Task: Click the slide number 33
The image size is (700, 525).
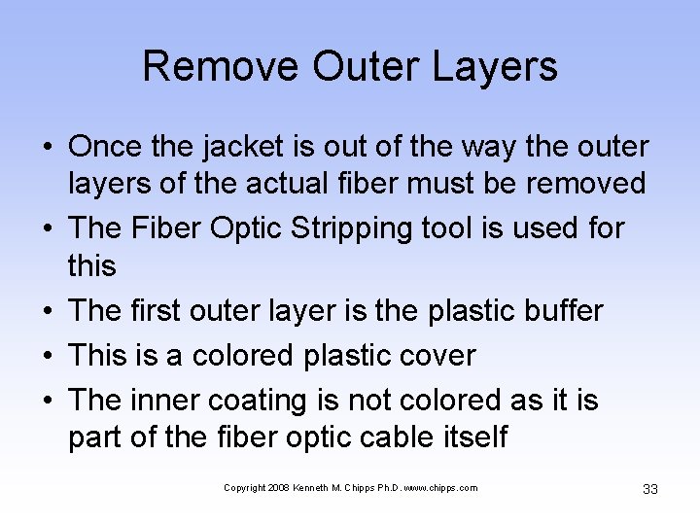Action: [650, 489]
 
